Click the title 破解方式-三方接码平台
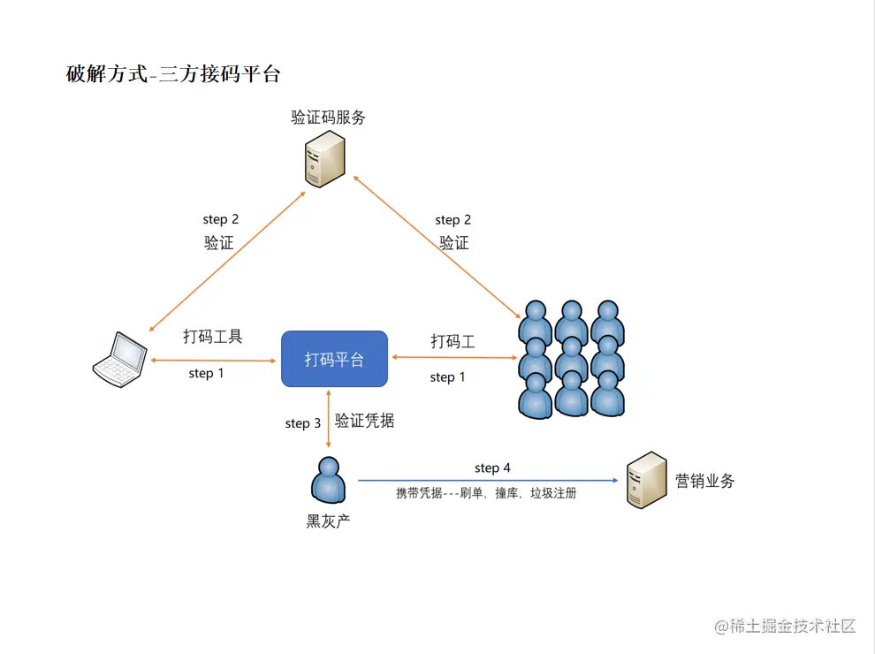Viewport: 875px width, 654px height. click(173, 73)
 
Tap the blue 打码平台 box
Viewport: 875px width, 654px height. click(334, 359)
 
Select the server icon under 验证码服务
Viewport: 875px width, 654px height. click(324, 159)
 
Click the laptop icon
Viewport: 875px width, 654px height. click(119, 360)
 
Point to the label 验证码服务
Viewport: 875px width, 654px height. click(328, 118)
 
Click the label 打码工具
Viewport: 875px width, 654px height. click(213, 337)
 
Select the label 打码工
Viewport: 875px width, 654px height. click(453, 341)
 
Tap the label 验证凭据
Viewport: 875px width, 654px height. click(364, 420)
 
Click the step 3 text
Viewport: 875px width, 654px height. click(303, 423)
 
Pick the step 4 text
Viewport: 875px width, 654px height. click(493, 468)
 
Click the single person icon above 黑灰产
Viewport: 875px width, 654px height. click(328, 480)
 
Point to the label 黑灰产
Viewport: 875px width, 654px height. click(328, 521)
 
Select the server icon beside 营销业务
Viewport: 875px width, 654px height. click(647, 480)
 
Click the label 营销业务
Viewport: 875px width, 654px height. click(704, 481)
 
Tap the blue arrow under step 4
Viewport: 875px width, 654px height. click(488, 480)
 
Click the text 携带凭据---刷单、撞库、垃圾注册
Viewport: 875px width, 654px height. click(486, 493)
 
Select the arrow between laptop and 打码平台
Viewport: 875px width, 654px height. click(213, 361)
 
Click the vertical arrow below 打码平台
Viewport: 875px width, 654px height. click(328, 419)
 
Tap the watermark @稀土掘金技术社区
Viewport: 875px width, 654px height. click(785, 626)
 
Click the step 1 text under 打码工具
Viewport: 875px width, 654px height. click(207, 373)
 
